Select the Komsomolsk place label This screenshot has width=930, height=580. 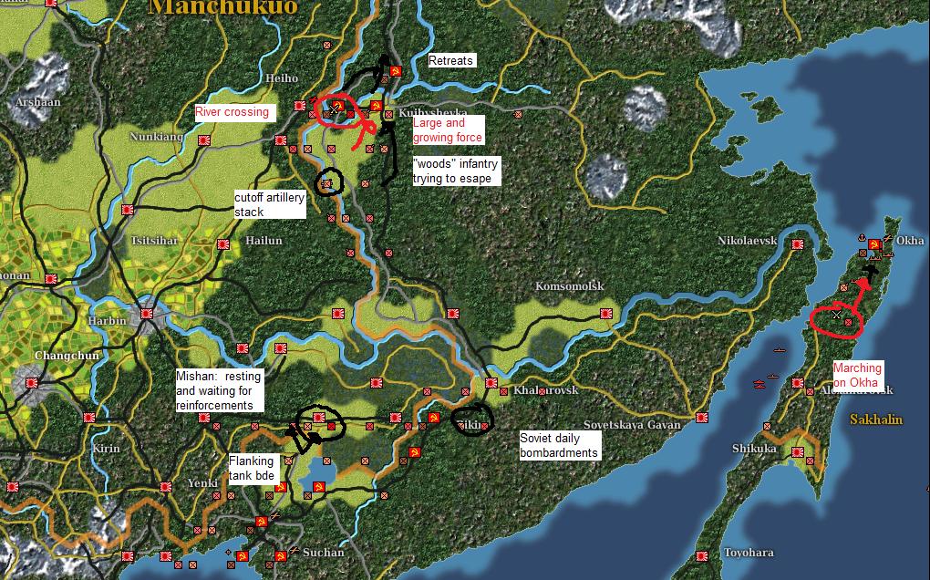tap(570, 286)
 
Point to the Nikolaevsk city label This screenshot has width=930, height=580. tap(747, 241)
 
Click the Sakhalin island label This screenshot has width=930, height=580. tap(875, 419)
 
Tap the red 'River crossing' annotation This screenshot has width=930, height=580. tap(232, 112)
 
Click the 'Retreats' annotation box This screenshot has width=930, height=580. tap(451, 61)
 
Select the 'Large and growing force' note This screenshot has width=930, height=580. tap(448, 130)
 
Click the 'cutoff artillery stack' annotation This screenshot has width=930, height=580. tap(269, 204)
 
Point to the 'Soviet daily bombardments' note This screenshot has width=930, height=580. tap(559, 445)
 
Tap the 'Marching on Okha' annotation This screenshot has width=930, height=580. tap(857, 376)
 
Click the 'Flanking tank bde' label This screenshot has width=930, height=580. tap(252, 469)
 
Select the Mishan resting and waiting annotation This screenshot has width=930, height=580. tap(220, 390)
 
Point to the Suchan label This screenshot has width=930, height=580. tap(323, 553)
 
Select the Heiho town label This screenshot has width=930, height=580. tap(281, 79)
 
